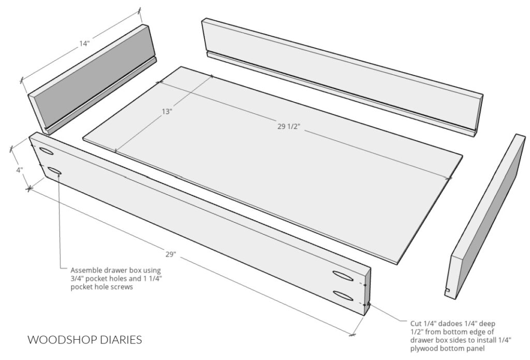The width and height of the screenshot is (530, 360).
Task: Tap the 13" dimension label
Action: pyautogui.click(x=167, y=111)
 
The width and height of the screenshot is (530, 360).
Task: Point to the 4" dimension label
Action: pyautogui.click(x=20, y=169)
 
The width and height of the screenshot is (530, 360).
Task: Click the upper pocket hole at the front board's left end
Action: pyautogui.click(x=46, y=151)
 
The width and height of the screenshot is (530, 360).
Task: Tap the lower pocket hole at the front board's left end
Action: pyautogui.click(x=54, y=171)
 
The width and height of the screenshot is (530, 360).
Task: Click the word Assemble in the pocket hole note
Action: pyautogui.click(x=86, y=270)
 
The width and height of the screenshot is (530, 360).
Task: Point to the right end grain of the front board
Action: pyautogui.click(x=367, y=293)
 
